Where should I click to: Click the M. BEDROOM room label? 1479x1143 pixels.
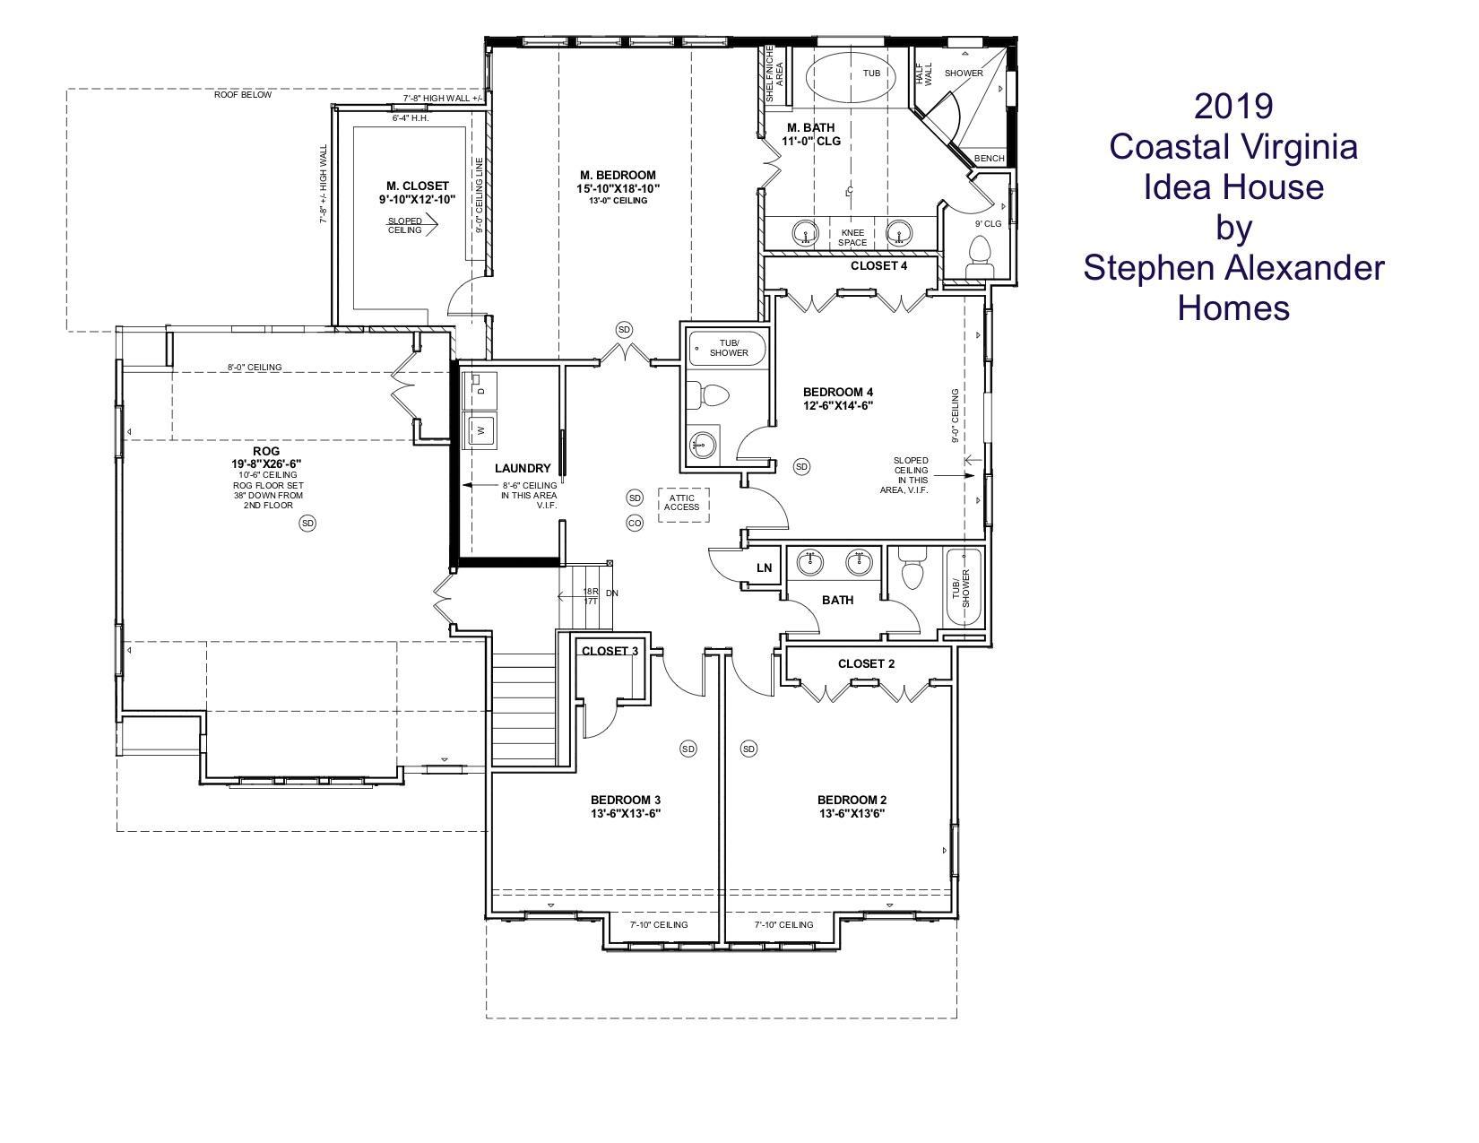point(618,175)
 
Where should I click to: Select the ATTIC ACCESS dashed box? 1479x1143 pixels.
point(683,505)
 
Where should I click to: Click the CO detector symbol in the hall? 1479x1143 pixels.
point(635,523)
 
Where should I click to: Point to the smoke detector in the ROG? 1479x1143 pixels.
point(307,523)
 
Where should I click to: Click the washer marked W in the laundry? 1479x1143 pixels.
point(480,430)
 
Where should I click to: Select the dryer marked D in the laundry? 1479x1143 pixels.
point(480,390)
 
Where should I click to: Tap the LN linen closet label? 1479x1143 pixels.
point(764,567)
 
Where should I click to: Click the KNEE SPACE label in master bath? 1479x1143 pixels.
point(852,237)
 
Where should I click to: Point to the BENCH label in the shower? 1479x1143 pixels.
point(989,158)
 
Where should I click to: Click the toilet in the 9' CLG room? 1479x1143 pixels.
point(980,255)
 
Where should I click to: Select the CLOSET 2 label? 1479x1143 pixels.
point(866,663)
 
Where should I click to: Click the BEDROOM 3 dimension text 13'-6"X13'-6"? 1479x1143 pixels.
point(626,813)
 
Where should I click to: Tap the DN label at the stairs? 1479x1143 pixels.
point(612,593)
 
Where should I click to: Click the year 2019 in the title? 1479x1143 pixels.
point(1233,106)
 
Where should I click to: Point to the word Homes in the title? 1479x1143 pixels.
point(1233,307)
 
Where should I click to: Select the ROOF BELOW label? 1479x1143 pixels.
point(243,95)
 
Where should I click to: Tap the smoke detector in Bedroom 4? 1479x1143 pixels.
point(801,466)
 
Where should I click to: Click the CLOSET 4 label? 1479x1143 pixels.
point(878,265)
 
